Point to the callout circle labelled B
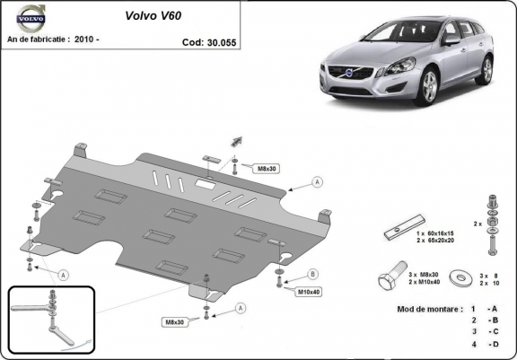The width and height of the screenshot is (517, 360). coord(313,273)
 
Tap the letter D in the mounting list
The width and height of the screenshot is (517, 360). coord(494,343)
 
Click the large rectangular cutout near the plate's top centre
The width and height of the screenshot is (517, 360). coord(205,186)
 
